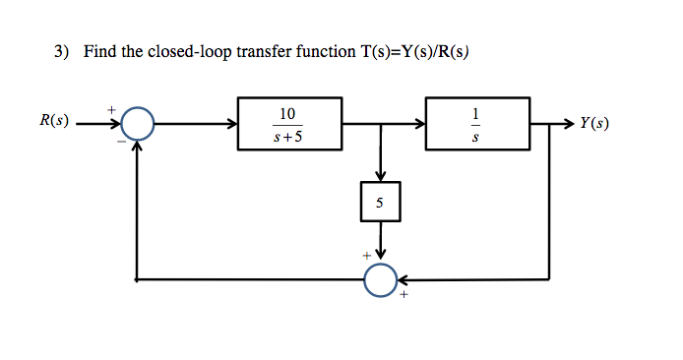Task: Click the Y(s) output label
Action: [x=593, y=124]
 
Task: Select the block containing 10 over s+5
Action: [x=289, y=124]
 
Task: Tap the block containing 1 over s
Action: [x=477, y=124]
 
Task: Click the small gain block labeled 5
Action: [x=380, y=205]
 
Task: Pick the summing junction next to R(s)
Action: [x=139, y=124]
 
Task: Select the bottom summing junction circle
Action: [x=380, y=279]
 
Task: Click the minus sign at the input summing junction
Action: [x=122, y=141]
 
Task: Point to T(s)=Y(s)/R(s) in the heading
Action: [x=409, y=51]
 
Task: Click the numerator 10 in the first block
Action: [x=288, y=112]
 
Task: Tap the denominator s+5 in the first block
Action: [x=288, y=137]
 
